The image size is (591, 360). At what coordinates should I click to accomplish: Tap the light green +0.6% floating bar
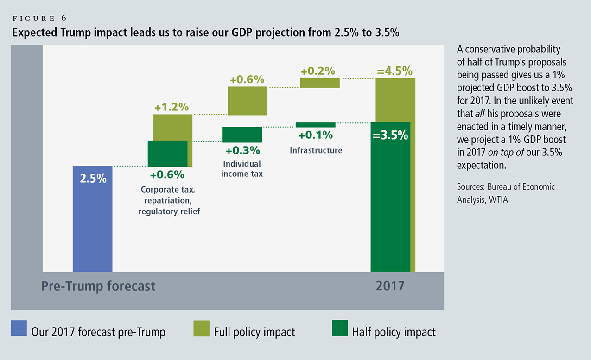248,101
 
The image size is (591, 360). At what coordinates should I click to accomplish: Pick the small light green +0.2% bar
320,83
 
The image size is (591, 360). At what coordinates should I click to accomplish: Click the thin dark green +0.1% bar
315,124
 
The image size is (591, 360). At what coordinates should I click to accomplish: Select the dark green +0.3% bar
242,135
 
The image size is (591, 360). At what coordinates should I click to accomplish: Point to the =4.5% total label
394,71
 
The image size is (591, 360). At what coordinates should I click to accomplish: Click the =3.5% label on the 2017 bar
390,135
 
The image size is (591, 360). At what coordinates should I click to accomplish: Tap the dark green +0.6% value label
167,175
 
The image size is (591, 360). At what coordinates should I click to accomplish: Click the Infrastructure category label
316,150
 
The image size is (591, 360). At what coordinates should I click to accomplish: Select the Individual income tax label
242,169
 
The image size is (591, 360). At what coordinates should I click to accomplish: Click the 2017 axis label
390,285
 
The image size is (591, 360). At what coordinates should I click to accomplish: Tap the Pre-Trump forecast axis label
98,286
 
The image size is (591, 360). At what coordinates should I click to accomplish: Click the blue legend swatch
19,328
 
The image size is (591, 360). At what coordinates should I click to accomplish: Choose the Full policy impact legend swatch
202,328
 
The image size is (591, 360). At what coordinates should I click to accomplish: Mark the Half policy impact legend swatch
340,328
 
